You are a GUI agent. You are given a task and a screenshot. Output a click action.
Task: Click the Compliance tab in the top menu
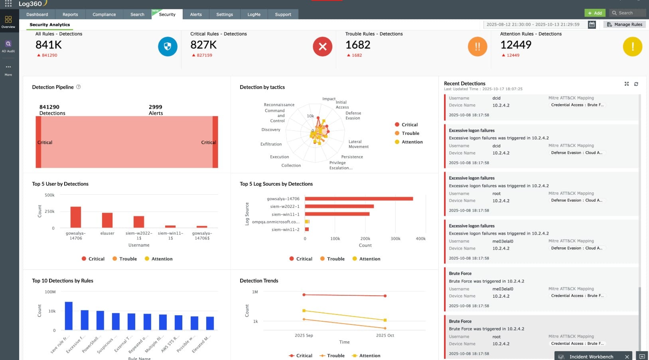(104, 14)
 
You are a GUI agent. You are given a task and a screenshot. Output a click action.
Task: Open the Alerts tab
(195, 14)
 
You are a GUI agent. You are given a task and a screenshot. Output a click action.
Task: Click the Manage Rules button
(624, 24)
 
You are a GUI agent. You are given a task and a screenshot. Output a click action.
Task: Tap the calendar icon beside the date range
(592, 24)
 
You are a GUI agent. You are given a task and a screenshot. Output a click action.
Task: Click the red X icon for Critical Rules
(322, 47)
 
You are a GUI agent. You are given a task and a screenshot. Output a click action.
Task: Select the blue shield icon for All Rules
(168, 47)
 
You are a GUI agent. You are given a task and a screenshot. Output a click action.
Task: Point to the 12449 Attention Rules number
(516, 45)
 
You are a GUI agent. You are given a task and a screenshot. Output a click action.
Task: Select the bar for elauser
(107, 220)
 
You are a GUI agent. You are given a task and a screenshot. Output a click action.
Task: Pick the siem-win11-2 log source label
(285, 229)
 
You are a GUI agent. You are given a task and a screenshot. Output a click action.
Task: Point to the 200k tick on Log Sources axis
(365, 239)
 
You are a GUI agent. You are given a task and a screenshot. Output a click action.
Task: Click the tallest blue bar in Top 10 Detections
(69, 315)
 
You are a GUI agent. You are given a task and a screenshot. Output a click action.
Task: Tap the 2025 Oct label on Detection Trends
(385, 335)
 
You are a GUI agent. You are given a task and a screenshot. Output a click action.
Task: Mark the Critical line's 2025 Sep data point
(304, 295)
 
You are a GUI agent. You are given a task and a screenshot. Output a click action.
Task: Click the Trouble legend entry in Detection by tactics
(410, 133)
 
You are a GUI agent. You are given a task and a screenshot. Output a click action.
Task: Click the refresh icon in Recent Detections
(636, 84)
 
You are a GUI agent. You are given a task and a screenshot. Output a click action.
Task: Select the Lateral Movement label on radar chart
(358, 144)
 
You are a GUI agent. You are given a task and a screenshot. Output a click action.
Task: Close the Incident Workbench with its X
(627, 356)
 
